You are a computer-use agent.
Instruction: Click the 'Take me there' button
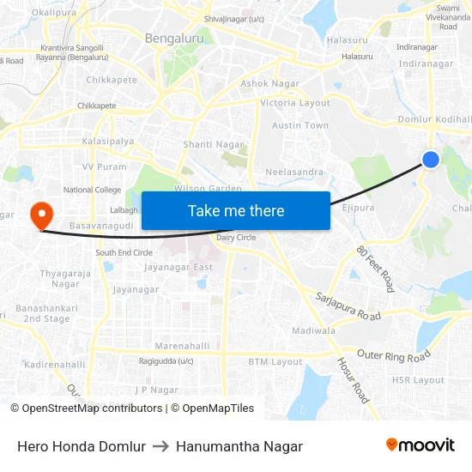(235, 210)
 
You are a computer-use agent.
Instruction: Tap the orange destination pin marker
(40, 215)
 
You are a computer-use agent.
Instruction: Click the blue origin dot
(431, 159)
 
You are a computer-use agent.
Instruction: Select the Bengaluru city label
(174, 39)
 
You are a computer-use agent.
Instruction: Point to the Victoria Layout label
(295, 103)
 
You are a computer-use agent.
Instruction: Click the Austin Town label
(300, 125)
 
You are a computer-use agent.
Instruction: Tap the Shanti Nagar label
(214, 145)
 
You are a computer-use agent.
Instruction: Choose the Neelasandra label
(294, 172)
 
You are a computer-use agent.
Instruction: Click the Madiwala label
(313, 330)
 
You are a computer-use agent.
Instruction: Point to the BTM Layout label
(275, 362)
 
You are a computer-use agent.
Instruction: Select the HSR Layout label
(418, 380)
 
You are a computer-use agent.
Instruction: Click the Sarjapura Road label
(348, 305)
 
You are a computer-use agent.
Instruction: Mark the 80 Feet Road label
(375, 268)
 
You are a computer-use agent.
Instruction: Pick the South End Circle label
(124, 253)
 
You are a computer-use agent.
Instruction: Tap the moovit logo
(420, 445)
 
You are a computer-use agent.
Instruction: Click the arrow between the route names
(160, 446)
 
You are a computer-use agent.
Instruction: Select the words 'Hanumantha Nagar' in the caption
(239, 446)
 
